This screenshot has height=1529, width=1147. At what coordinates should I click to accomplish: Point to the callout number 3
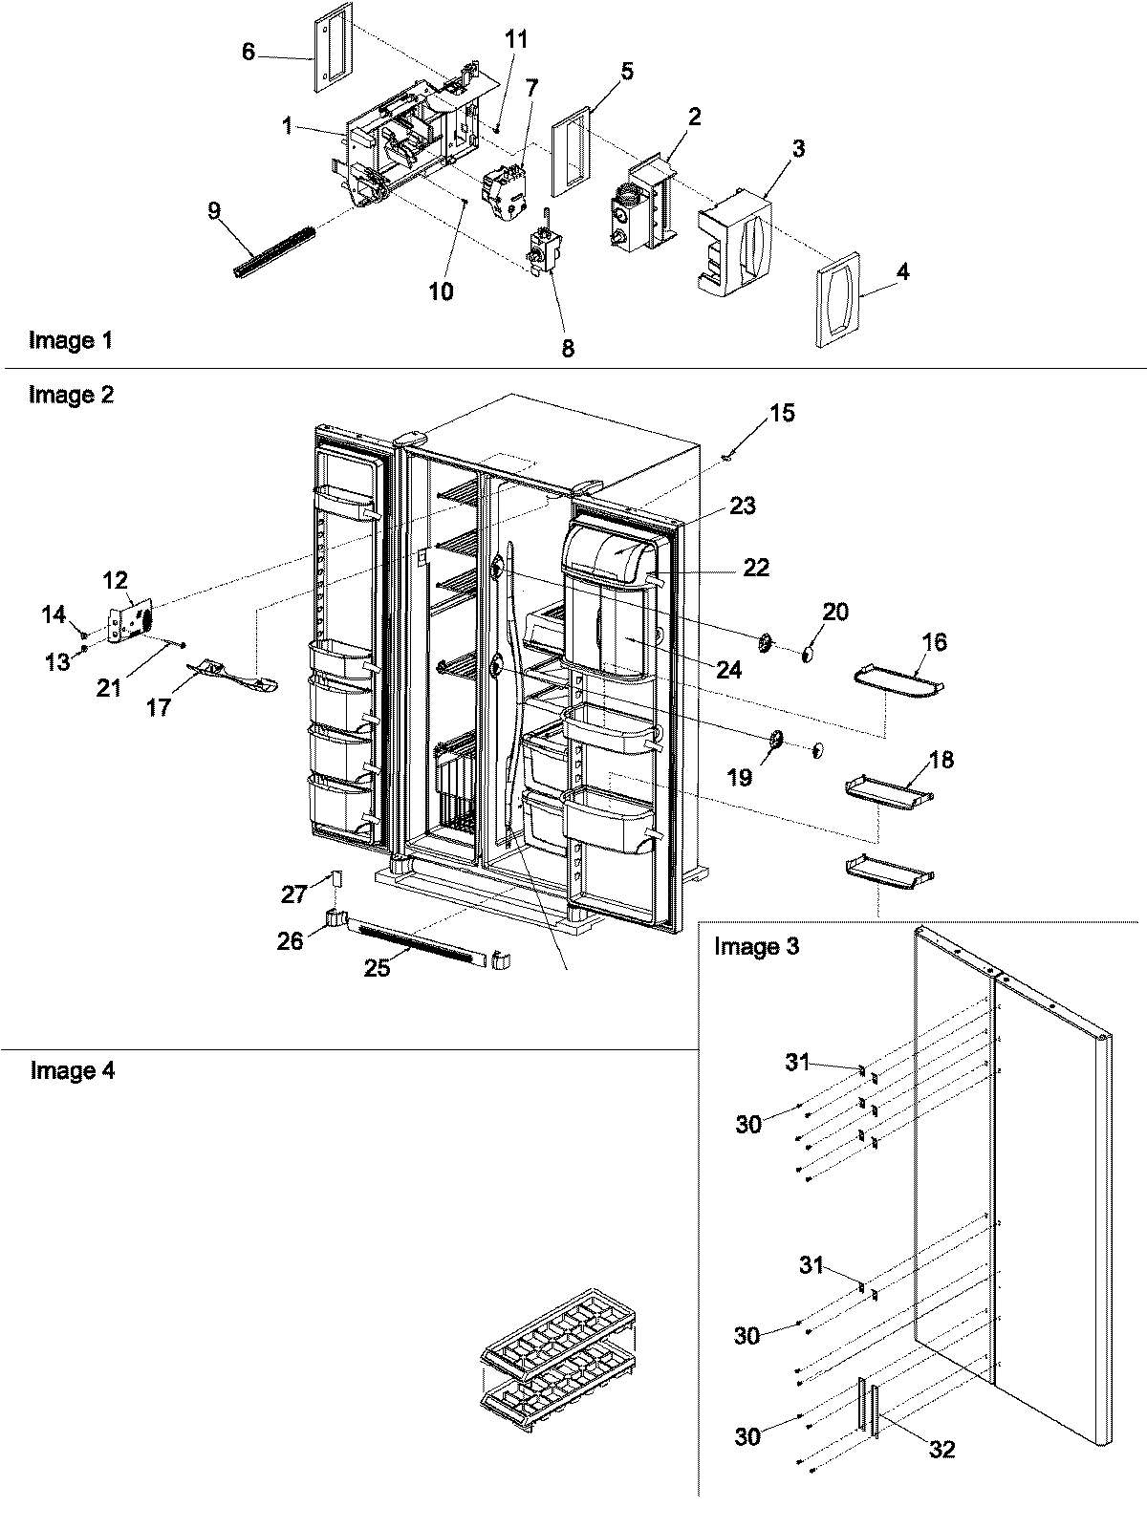tap(798, 148)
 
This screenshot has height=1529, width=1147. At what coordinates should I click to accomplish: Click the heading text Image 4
tap(73, 1070)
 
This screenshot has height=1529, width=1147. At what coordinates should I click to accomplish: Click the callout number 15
tap(782, 414)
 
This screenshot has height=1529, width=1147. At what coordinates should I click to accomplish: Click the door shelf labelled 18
tap(888, 789)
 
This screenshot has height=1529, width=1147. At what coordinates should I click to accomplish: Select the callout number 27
tap(293, 894)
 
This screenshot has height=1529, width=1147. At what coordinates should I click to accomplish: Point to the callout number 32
tap(941, 1450)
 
